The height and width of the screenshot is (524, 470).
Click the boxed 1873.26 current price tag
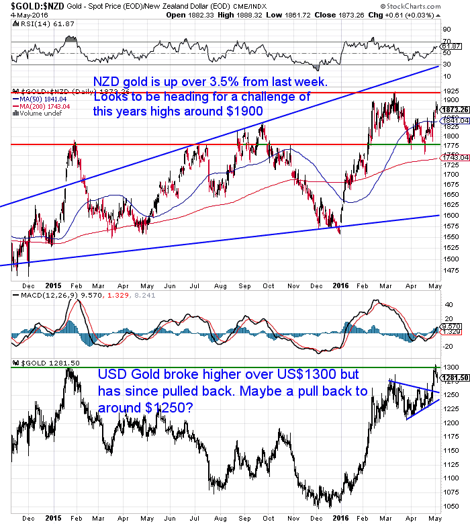(455, 110)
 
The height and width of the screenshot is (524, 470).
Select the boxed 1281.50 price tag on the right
(455, 378)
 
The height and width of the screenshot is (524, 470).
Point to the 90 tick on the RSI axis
(446, 30)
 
